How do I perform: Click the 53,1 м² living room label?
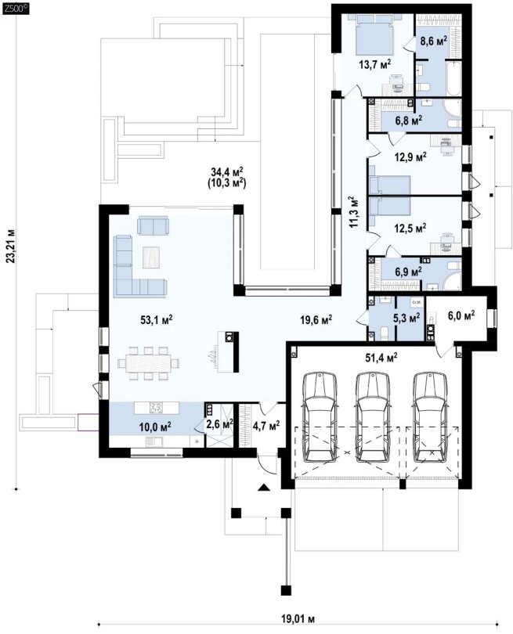click(x=157, y=320)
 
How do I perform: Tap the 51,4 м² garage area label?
click(x=381, y=357)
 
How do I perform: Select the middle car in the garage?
click(x=373, y=417)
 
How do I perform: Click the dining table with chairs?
click(x=149, y=362)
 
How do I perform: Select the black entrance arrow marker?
click(x=264, y=487)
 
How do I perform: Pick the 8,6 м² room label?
click(x=433, y=41)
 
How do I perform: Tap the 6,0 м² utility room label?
click(x=461, y=315)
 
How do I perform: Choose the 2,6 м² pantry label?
click(x=219, y=423)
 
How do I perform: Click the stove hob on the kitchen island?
click(x=156, y=407)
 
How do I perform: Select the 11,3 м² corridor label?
click(x=353, y=212)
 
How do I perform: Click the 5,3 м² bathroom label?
click(x=406, y=318)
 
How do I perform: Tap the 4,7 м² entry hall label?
click(x=266, y=425)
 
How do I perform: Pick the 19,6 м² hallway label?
click(x=316, y=320)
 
